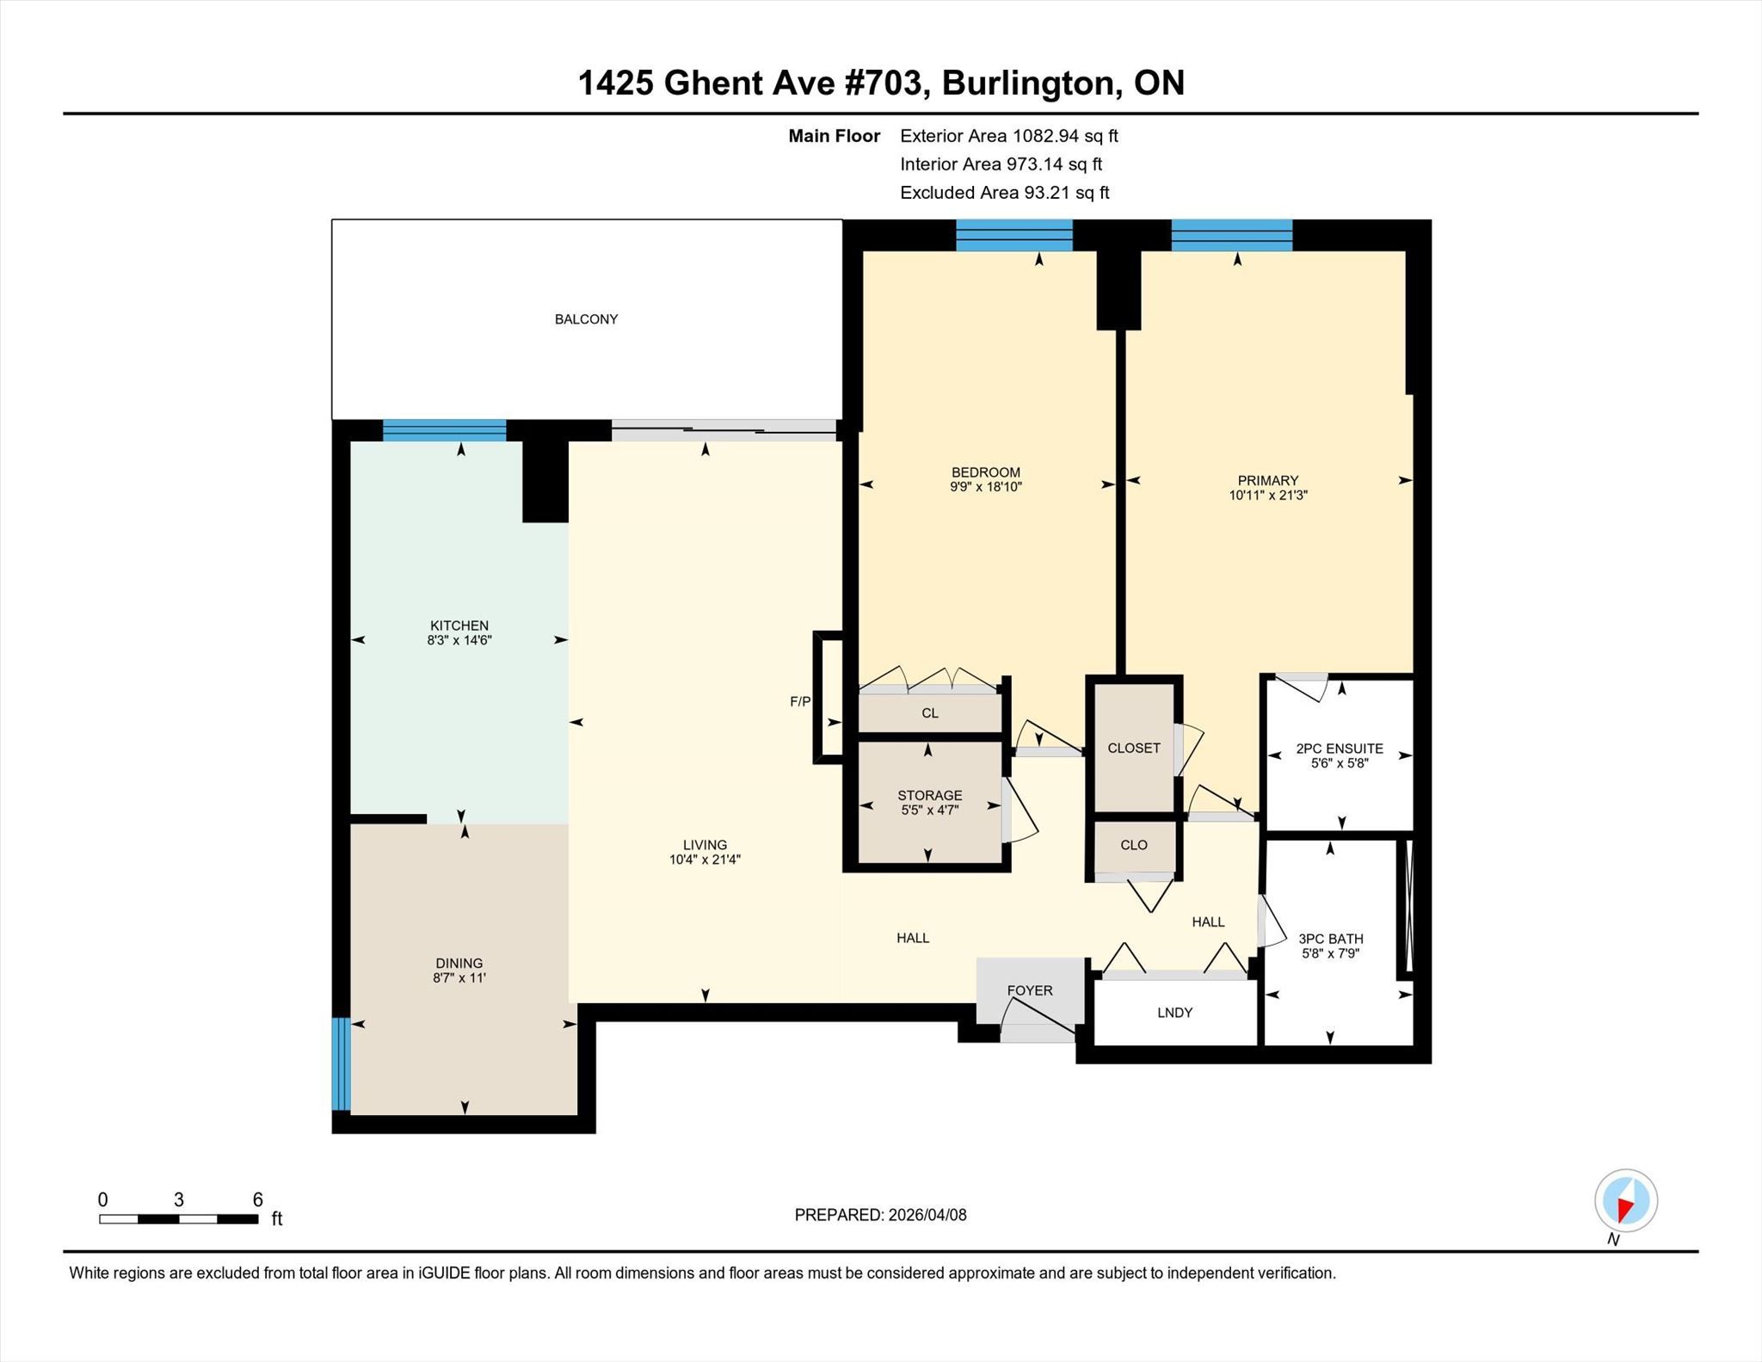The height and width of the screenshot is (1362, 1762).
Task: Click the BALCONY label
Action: click(586, 319)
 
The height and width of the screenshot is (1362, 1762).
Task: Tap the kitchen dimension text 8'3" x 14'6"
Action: click(459, 640)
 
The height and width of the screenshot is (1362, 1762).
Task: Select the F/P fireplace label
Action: click(800, 701)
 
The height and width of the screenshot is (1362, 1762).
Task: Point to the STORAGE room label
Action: click(930, 795)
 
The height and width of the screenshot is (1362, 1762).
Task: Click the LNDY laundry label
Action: click(1174, 1013)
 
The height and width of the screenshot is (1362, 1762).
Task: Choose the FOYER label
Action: click(1030, 990)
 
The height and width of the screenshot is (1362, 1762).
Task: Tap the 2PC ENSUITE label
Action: click(1340, 749)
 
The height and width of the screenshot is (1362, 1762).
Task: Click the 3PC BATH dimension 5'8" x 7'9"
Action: click(1331, 953)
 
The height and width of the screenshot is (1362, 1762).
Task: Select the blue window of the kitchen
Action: click(444, 430)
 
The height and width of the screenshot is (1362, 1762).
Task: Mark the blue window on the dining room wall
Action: click(341, 1064)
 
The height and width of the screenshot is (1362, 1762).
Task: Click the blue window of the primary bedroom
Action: click(1231, 235)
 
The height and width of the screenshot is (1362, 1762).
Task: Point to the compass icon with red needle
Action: click(1625, 1200)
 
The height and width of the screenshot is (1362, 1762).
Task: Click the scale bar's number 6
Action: click(257, 1199)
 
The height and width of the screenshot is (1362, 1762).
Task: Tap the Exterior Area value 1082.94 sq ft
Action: click(1065, 136)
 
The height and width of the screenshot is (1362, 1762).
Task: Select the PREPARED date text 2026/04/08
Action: click(927, 1215)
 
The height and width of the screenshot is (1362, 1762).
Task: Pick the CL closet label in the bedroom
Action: click(930, 713)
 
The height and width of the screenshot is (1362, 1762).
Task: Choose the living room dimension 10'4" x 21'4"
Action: click(705, 860)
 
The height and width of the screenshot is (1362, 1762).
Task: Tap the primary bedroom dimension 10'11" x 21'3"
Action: click(1268, 495)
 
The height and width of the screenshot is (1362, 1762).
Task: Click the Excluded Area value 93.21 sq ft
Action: click(1066, 193)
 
